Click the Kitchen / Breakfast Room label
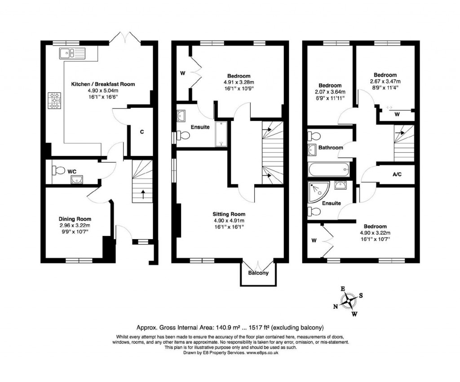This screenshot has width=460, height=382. (x=102, y=84)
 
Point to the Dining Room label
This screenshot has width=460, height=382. (x=75, y=219)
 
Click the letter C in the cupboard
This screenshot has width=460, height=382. (x=142, y=132)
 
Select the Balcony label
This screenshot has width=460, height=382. (x=258, y=273)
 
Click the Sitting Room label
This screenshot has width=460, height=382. (x=229, y=214)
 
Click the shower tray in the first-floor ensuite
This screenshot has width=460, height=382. (x=221, y=134)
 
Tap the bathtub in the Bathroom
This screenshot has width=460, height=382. (x=329, y=169)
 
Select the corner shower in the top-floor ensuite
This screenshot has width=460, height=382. (x=318, y=192)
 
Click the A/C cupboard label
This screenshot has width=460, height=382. (x=397, y=174)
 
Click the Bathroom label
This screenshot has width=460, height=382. (x=331, y=147)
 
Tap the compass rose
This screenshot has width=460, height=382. (x=349, y=301)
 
